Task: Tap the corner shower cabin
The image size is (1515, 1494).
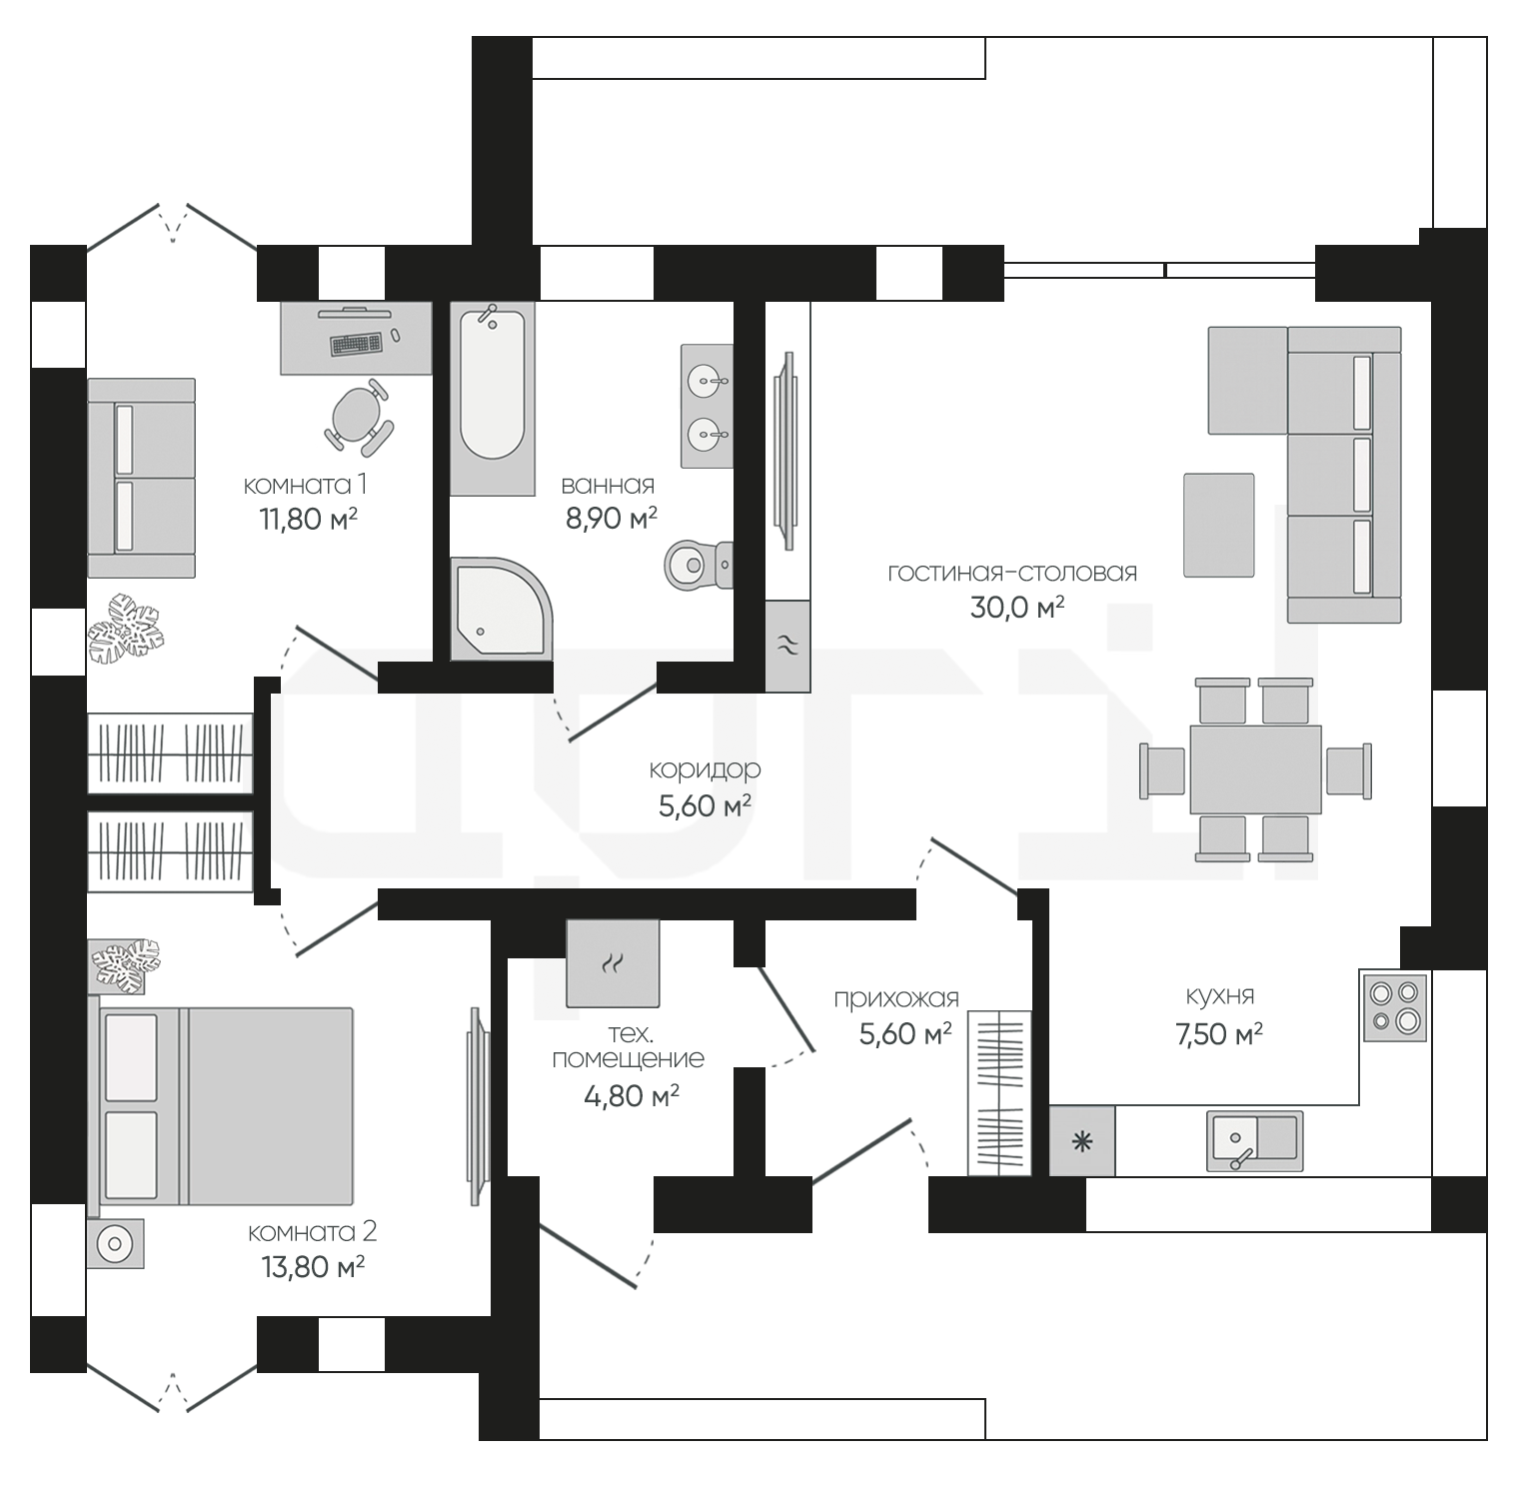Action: [501, 609]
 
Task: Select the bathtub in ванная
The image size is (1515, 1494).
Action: [492, 399]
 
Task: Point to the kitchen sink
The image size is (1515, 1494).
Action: [1254, 1140]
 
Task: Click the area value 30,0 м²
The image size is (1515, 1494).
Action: [1016, 607]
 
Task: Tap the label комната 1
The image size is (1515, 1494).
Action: [305, 485]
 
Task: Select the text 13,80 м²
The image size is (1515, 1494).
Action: [312, 1267]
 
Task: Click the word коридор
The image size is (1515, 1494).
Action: [705, 770]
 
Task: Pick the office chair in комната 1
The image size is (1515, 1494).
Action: [357, 416]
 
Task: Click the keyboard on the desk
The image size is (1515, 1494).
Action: [357, 343]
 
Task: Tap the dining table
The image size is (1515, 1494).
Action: [1255, 768]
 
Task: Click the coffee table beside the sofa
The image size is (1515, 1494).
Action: [1218, 525]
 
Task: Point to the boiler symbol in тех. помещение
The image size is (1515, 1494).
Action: [613, 963]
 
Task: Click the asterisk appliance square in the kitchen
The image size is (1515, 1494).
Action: [1081, 1141]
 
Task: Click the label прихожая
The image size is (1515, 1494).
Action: [896, 999]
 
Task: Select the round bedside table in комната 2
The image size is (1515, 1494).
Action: [115, 1244]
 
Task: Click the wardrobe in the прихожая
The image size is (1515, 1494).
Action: [998, 1092]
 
